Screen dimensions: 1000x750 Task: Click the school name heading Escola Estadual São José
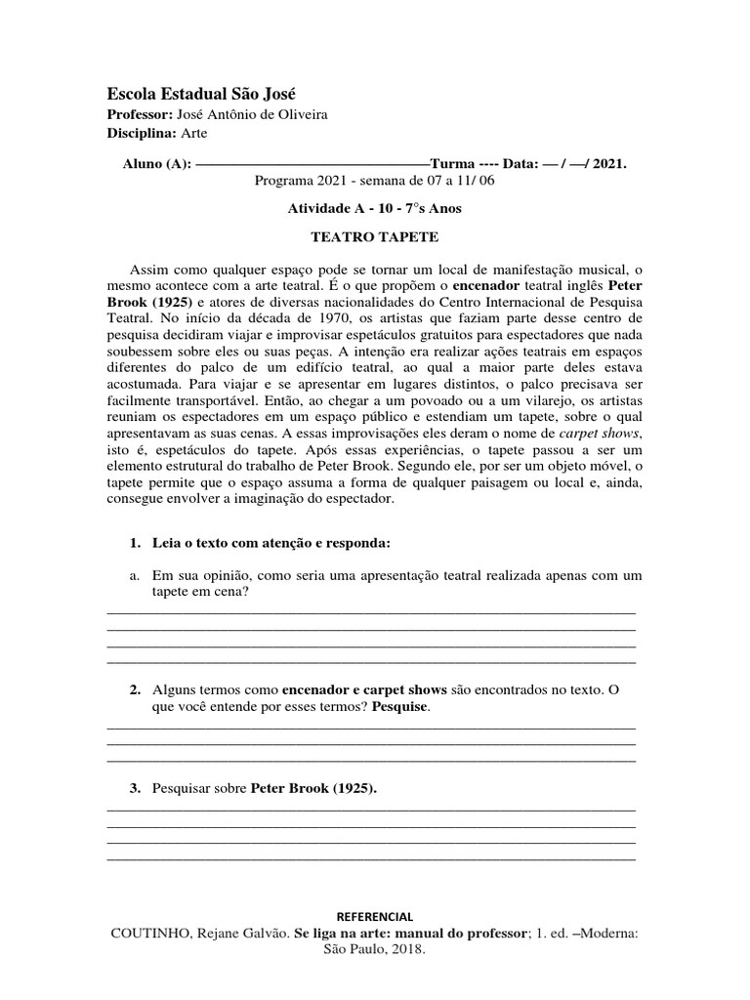(x=200, y=94)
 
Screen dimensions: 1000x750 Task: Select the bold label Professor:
(x=139, y=114)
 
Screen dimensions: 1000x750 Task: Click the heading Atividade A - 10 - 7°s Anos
(x=375, y=208)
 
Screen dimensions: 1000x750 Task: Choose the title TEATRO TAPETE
(x=375, y=237)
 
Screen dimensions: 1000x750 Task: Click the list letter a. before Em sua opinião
(x=135, y=575)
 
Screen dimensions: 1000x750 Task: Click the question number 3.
(x=135, y=788)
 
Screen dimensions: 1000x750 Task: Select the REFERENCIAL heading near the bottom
(x=375, y=916)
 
